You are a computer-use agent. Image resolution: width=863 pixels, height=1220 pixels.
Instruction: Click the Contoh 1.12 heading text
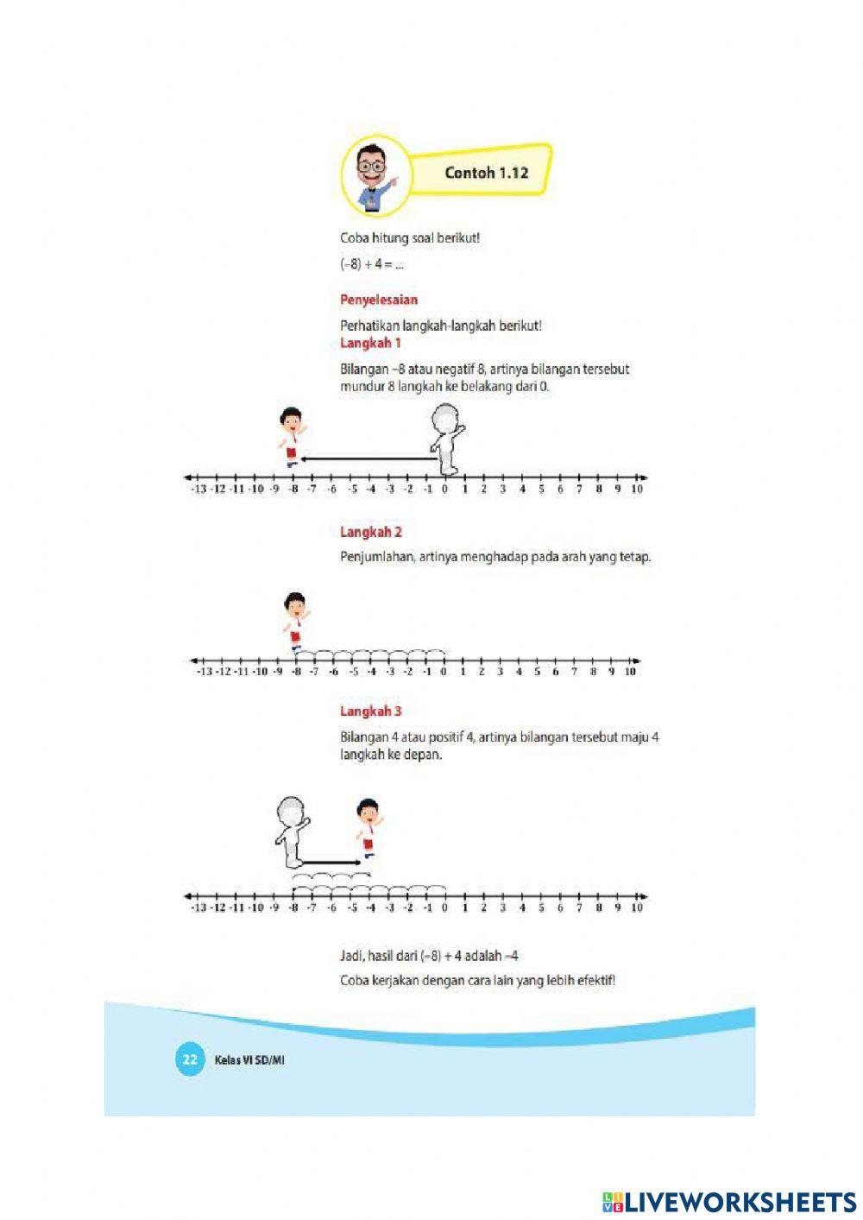click(486, 173)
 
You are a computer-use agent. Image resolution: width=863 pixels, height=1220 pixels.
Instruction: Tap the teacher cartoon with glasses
click(372, 176)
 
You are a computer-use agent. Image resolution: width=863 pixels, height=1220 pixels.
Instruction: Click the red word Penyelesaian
click(379, 300)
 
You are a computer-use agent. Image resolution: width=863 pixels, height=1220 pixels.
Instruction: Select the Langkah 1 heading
click(370, 343)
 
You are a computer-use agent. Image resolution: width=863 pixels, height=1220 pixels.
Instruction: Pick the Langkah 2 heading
click(371, 532)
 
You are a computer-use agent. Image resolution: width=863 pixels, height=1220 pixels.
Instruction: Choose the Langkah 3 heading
click(371, 711)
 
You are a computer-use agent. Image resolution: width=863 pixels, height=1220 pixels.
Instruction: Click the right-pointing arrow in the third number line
click(331, 862)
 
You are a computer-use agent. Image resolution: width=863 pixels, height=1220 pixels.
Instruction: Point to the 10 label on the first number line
click(637, 490)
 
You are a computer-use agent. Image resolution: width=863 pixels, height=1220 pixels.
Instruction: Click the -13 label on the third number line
click(198, 907)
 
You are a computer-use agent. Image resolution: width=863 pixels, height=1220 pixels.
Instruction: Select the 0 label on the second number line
click(444, 672)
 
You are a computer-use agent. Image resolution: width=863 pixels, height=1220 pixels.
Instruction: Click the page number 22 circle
click(189, 1059)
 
